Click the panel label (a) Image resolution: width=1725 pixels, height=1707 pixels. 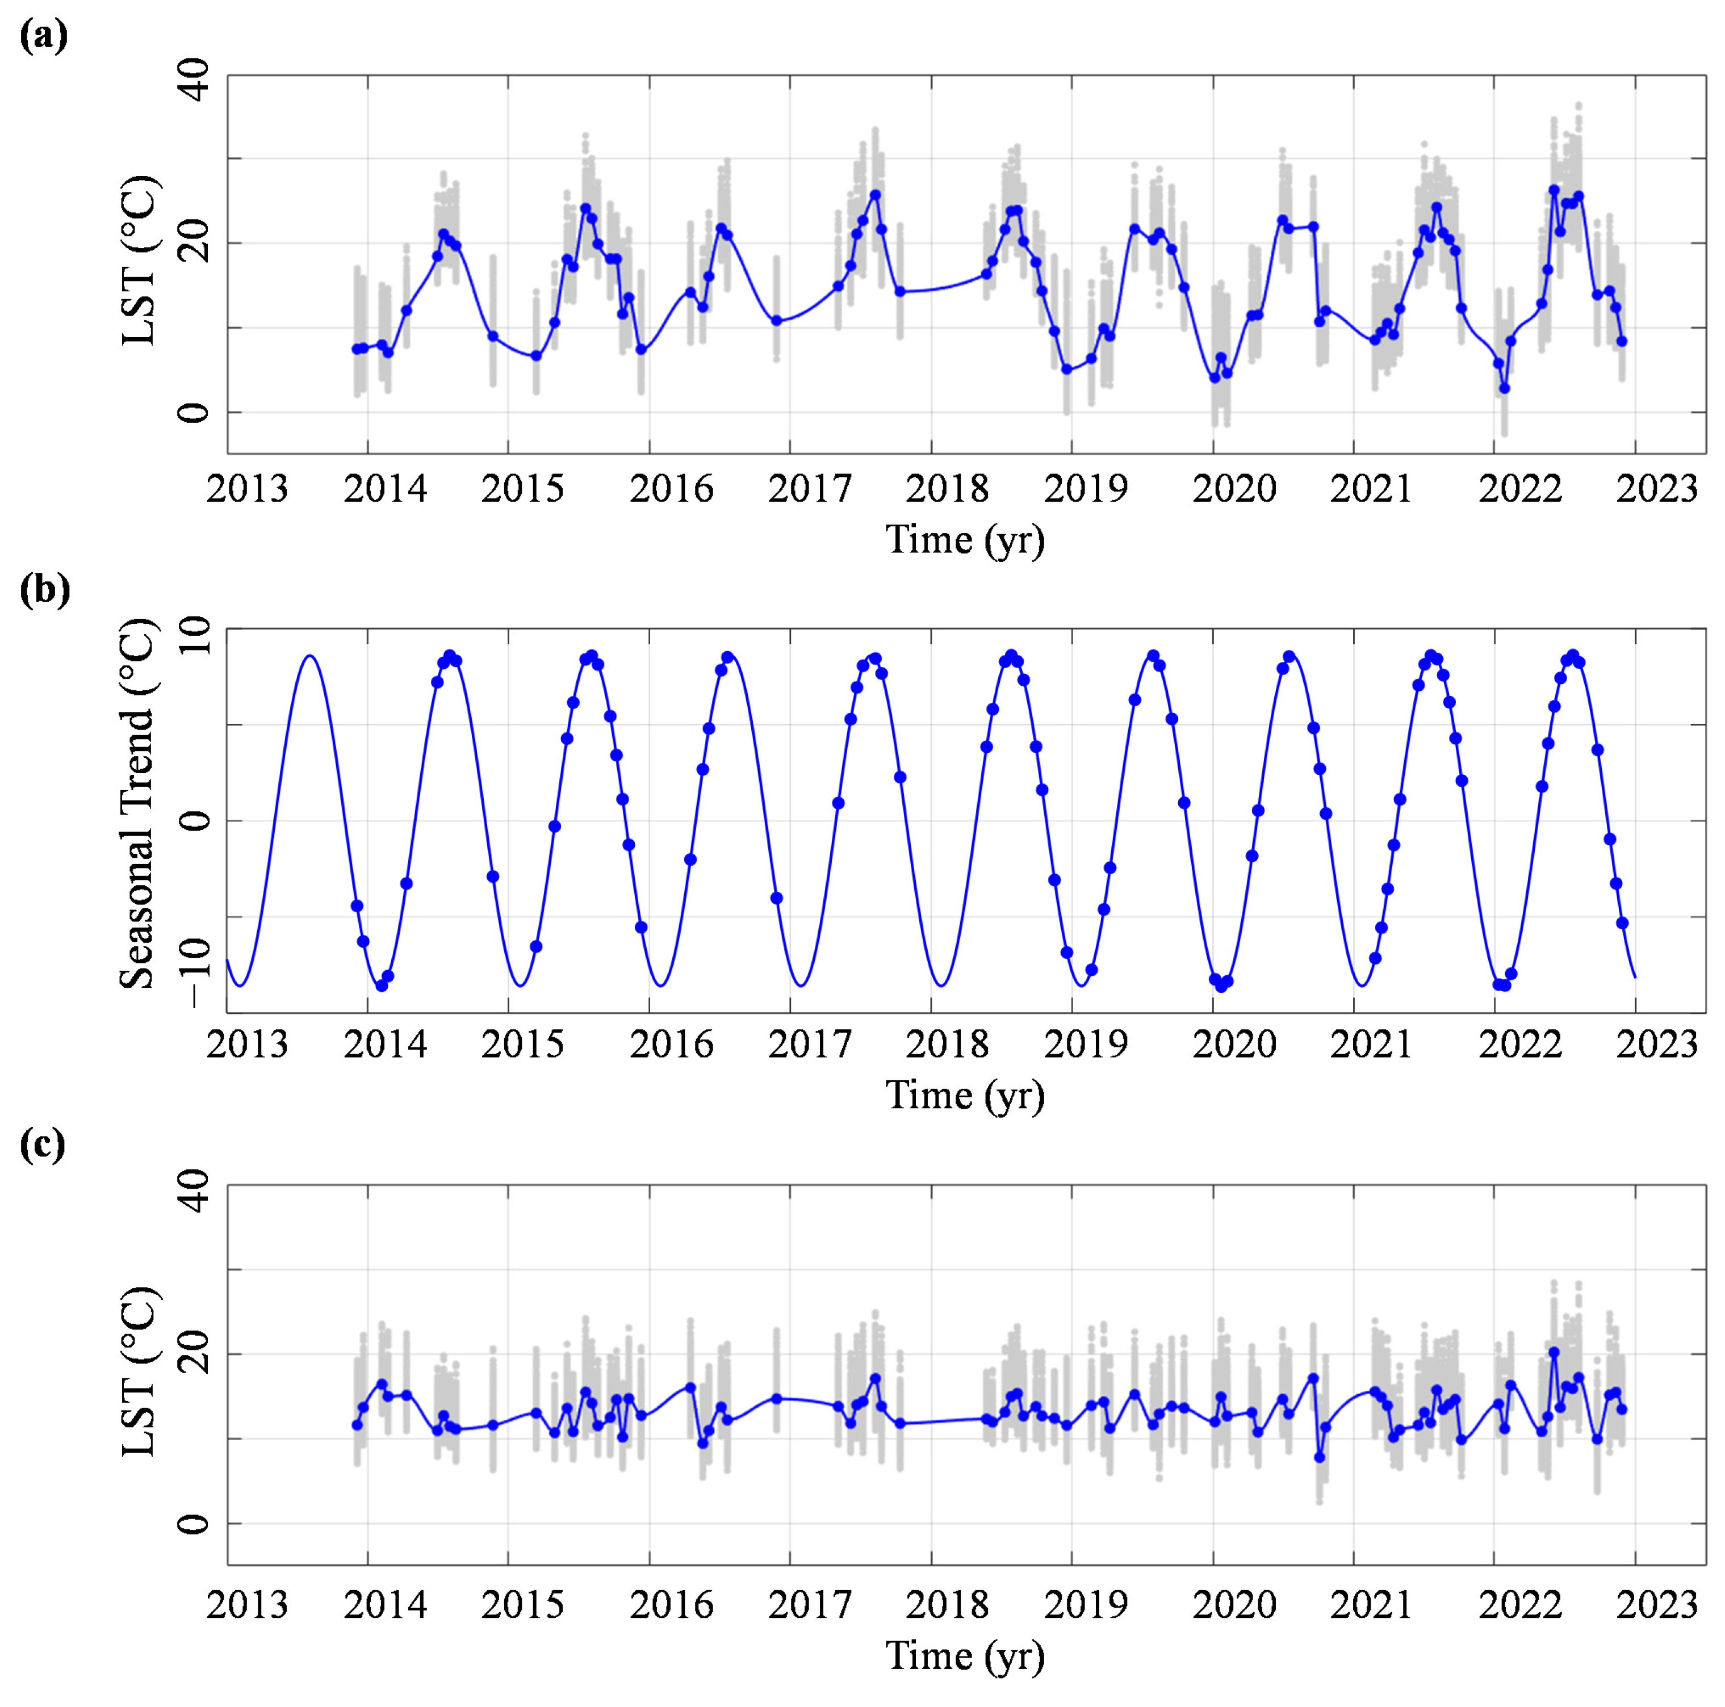[x=42, y=36]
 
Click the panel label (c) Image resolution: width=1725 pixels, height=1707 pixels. [x=42, y=1146]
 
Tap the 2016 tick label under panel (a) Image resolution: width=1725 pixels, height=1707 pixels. [x=671, y=489]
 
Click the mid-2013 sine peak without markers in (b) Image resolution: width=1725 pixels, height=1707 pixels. [x=310, y=656]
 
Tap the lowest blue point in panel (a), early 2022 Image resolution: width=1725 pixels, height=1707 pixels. [x=1505, y=388]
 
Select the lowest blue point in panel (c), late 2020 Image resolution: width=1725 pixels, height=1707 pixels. [x=1320, y=1457]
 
